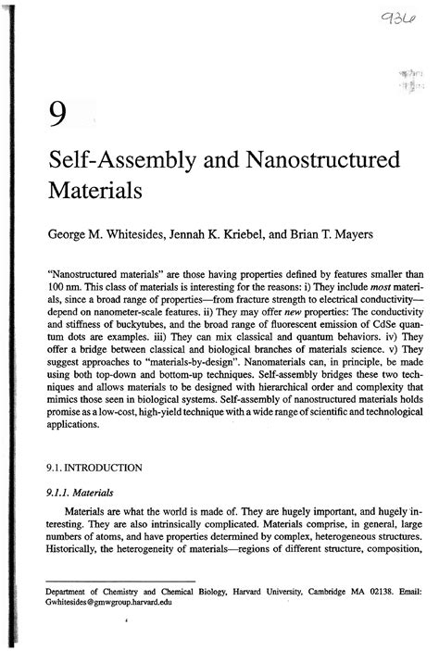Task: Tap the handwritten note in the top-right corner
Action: click(x=390, y=21)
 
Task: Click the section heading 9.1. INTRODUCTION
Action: click(x=94, y=469)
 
